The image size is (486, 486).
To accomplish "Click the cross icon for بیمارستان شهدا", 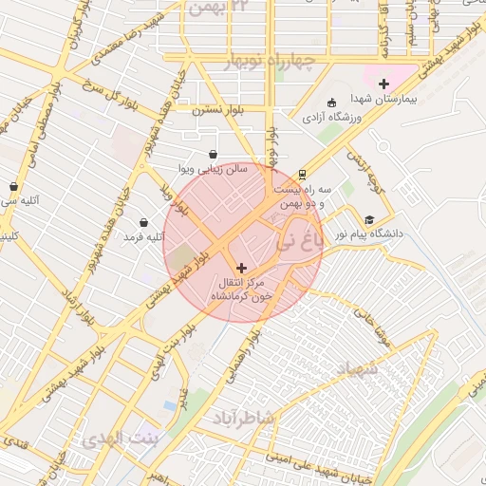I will [x=383, y=84].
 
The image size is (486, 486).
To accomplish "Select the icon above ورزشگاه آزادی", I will [x=330, y=103].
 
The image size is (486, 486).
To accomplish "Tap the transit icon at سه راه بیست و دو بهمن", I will [x=301, y=175].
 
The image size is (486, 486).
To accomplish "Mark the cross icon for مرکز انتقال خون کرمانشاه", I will [x=240, y=269].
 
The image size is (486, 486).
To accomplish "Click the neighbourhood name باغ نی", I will [x=299, y=243].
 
